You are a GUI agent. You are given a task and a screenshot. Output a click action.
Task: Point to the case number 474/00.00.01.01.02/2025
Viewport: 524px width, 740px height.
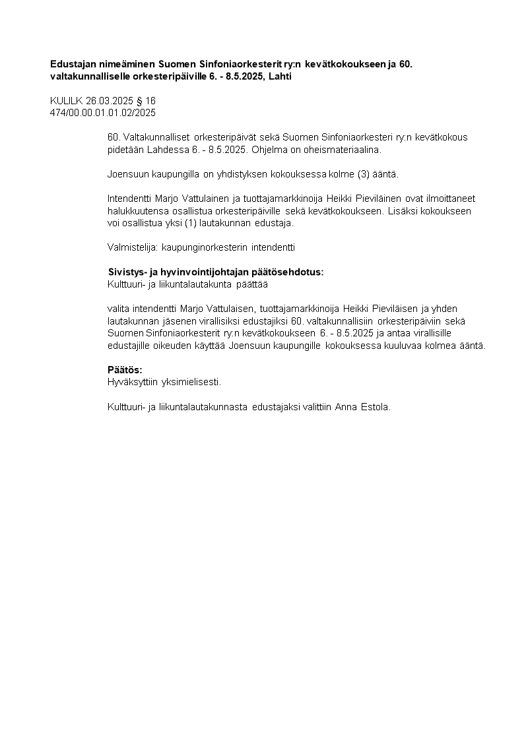point(103,113)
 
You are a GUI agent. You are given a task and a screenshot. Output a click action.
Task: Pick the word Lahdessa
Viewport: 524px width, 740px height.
point(166,150)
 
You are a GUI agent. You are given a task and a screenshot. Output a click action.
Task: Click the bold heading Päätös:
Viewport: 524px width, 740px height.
point(125,369)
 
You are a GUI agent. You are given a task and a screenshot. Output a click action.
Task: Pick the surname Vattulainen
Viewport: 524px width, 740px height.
point(188,199)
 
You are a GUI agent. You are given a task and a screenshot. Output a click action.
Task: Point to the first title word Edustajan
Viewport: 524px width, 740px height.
point(74,65)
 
